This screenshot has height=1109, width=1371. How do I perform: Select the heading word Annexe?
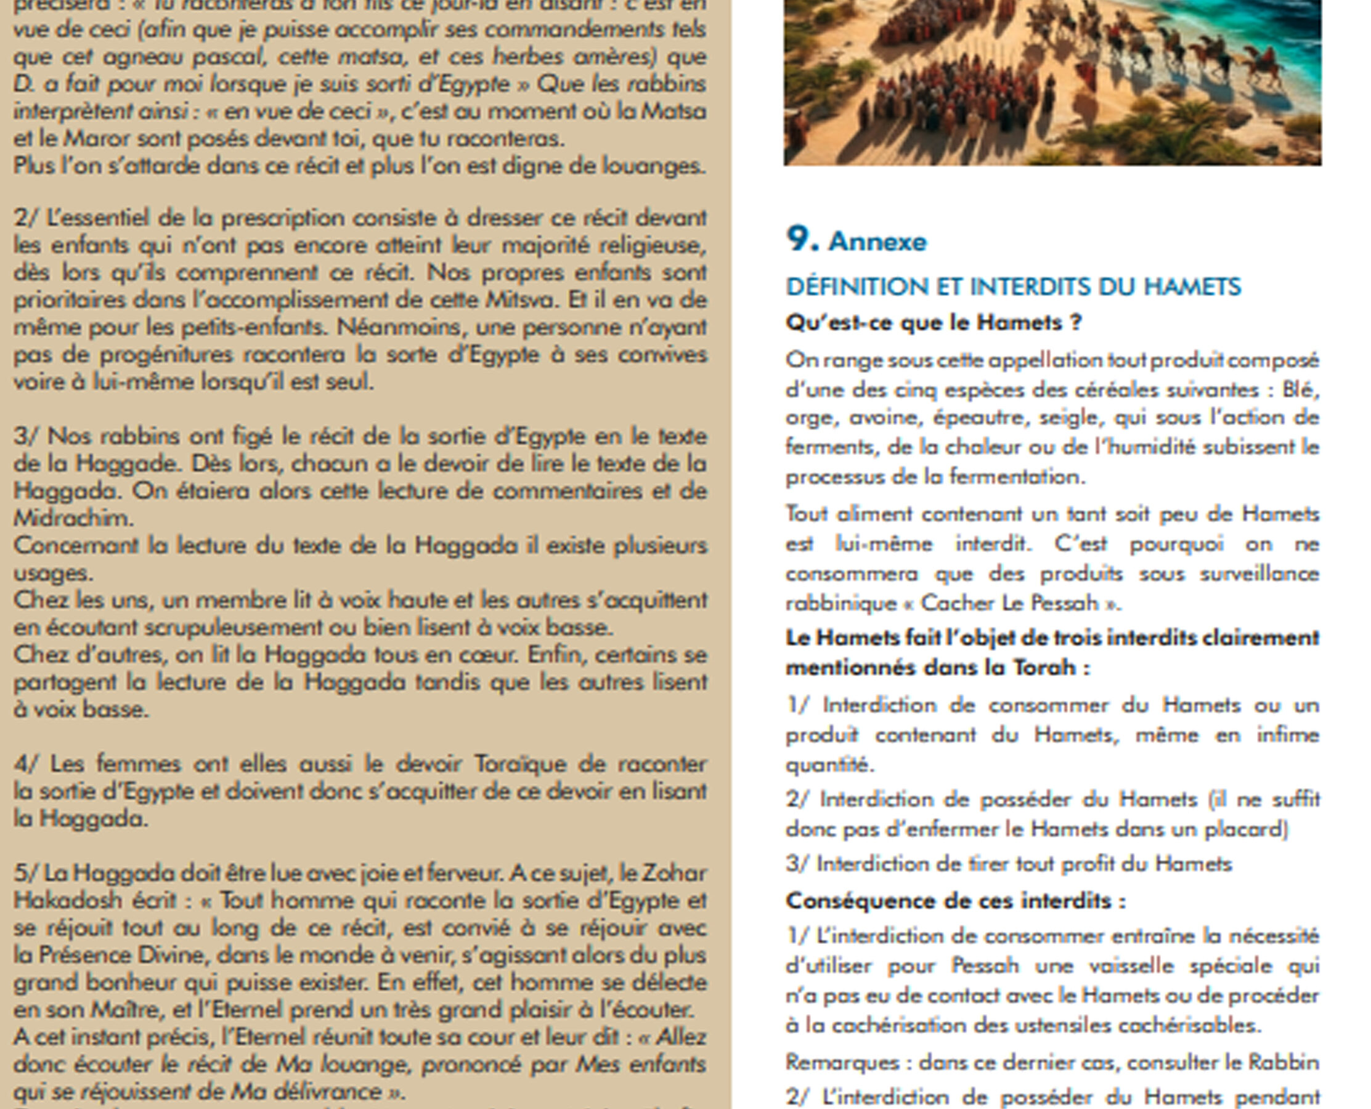pos(877,242)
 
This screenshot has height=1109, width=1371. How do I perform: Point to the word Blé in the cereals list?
pos(1300,389)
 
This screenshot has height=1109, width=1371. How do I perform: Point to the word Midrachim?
pos(73,518)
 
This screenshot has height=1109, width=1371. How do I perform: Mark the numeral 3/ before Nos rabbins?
pos(26,436)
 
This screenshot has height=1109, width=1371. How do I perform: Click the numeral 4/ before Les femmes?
pos(27,764)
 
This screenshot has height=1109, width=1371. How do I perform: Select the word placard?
pos(1245,829)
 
